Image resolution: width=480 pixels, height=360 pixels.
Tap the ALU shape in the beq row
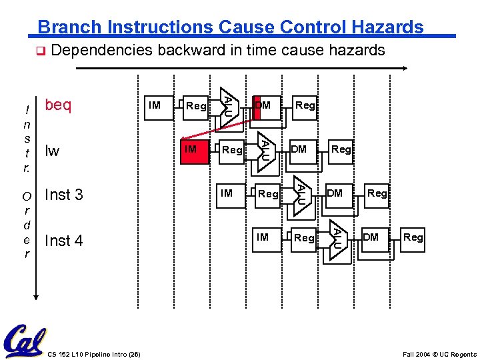pos(228,105)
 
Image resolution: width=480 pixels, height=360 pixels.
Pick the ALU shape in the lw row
pos(265,149)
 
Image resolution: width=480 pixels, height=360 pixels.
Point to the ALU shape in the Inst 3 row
pos(301,193)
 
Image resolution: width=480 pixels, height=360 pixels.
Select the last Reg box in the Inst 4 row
pos(413,237)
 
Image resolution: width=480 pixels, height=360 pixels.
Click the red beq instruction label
pos(58,105)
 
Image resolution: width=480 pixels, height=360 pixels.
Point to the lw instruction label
pos(52,151)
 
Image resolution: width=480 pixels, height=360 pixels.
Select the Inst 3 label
pos(63,195)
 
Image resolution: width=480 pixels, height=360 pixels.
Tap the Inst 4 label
pos(63,240)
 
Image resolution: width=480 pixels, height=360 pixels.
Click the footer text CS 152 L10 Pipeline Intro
pos(94,354)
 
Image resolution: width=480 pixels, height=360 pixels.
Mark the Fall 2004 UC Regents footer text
pos(439,354)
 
